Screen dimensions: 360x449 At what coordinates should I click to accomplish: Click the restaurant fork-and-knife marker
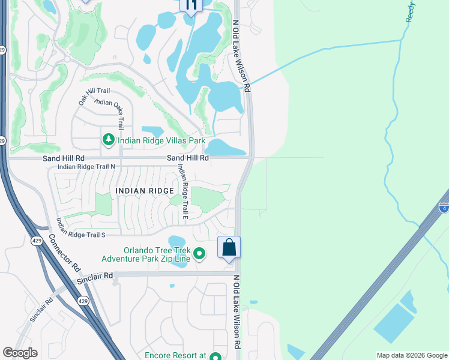[191, 6]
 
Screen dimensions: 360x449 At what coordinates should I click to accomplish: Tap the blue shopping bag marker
[229, 247]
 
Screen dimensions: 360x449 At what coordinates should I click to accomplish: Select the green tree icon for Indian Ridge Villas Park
[109, 140]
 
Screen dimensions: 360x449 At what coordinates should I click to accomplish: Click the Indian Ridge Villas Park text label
[161, 141]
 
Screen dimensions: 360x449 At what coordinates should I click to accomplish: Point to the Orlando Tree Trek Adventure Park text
[146, 254]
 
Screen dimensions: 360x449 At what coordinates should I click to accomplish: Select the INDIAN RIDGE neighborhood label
[144, 191]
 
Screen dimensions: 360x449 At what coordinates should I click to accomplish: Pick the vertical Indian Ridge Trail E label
[182, 192]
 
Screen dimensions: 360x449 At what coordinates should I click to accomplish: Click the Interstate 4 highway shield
[443, 208]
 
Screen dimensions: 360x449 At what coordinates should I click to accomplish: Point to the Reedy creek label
[411, 12]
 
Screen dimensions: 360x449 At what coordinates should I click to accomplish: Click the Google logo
[20, 353]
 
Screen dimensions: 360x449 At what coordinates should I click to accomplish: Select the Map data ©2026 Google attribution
[411, 355]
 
